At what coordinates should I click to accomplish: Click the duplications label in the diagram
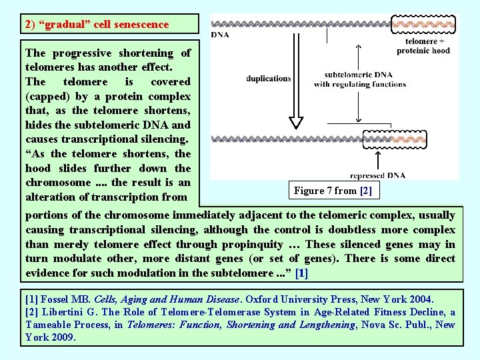[268, 79]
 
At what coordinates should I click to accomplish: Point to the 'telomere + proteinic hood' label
[423, 45]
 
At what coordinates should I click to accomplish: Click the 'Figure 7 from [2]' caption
[333, 191]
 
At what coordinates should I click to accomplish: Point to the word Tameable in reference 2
[49, 325]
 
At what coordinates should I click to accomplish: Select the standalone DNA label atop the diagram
[221, 35]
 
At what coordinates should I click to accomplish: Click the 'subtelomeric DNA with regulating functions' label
[359, 79]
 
